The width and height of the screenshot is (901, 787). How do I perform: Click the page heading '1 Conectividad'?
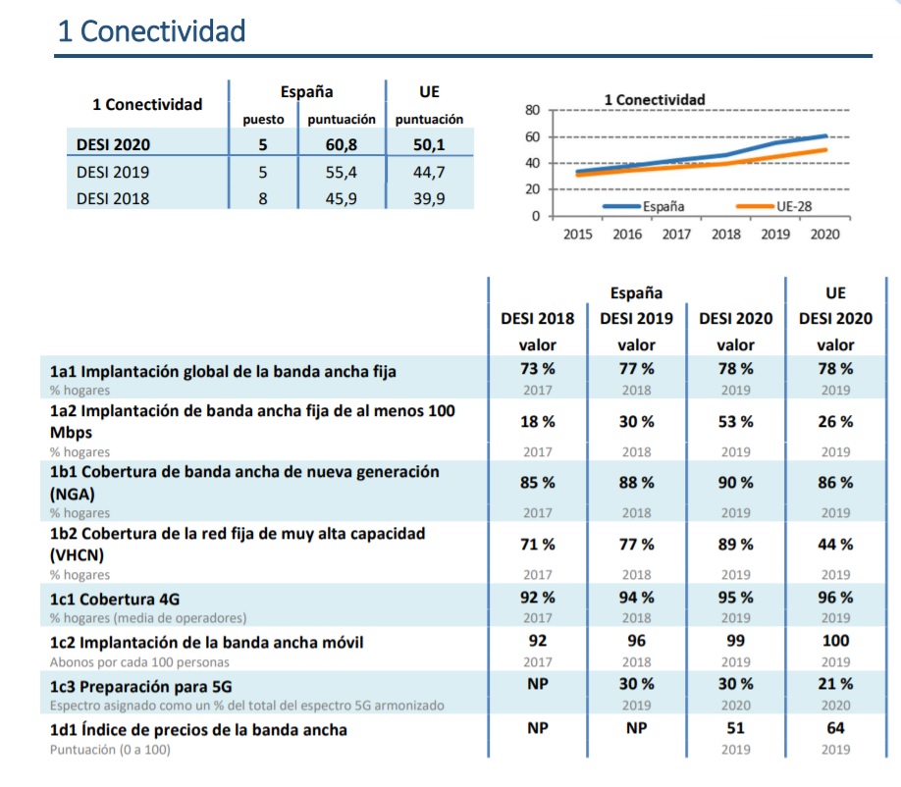[152, 31]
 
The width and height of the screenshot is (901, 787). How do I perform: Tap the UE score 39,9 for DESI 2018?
[428, 198]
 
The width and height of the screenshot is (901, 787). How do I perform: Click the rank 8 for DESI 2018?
[263, 198]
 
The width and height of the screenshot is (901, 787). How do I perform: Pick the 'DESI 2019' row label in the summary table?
[113, 172]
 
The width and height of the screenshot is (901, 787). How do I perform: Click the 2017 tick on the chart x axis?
[676, 235]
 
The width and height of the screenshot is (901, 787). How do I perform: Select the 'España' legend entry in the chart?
[663, 207]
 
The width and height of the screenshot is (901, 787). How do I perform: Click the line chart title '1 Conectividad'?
[655, 99]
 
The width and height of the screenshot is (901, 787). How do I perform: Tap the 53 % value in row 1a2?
[735, 422]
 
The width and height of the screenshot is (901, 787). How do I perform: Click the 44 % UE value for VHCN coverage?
[836, 545]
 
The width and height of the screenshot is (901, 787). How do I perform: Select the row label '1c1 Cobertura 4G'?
[115, 599]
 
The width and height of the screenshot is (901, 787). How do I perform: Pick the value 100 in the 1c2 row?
[836, 641]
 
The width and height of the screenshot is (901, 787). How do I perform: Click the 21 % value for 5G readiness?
[836, 684]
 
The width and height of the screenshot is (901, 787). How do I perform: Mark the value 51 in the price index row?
[735, 729]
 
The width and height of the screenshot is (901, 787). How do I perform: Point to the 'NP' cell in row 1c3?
[537, 684]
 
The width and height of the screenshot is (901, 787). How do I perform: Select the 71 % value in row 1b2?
[537, 545]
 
